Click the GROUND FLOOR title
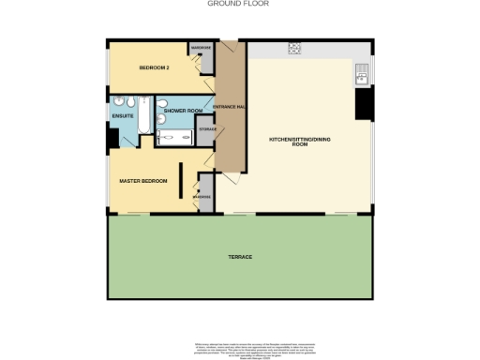(239, 4)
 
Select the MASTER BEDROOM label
(142, 179)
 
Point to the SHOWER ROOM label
(182, 111)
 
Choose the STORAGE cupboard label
(207, 128)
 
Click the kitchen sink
(363, 74)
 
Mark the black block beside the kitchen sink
(363, 103)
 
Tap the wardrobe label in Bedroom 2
(201, 47)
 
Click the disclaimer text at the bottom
(239, 342)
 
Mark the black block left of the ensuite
(112, 138)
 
